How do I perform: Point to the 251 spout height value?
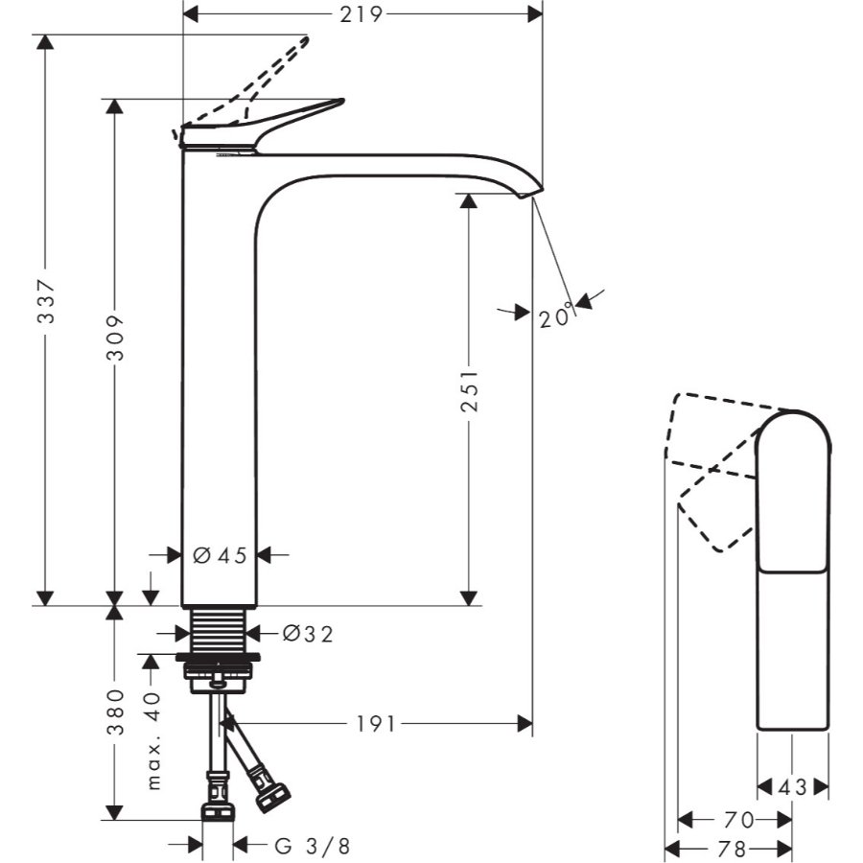[x=468, y=390]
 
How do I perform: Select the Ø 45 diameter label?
[x=220, y=554]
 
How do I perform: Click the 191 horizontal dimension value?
[x=368, y=723]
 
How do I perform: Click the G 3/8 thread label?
[x=313, y=846]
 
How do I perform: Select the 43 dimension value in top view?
[x=793, y=787]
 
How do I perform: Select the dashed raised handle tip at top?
[x=305, y=42]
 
